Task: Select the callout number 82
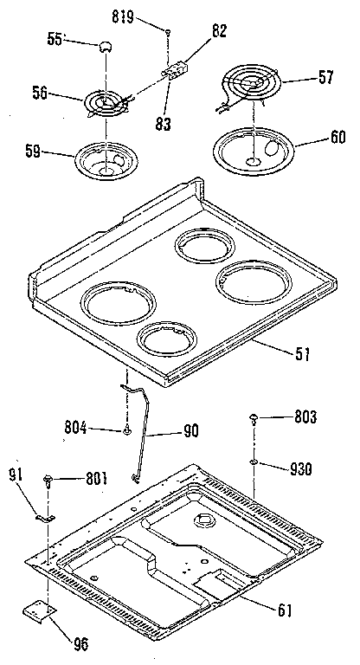(x=219, y=32)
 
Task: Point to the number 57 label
(x=325, y=78)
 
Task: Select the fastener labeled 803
(x=254, y=418)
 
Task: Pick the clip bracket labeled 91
(x=45, y=519)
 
